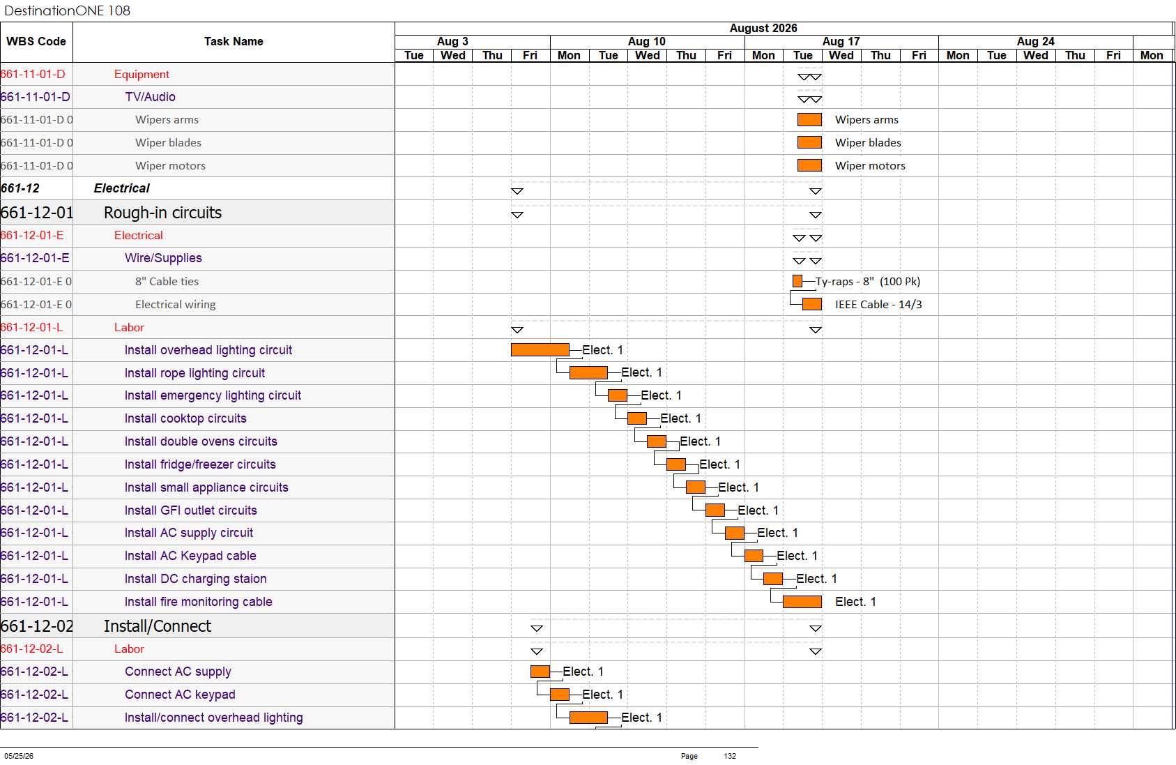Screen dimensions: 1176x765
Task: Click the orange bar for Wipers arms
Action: [809, 120]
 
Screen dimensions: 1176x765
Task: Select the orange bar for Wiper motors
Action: [809, 165]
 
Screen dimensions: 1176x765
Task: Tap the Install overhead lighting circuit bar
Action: [540, 349]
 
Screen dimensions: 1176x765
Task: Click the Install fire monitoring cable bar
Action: [802, 602]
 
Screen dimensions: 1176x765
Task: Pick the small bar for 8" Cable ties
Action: [797, 282]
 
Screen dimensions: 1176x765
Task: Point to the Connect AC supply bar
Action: [540, 672]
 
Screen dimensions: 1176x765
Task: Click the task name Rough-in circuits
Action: [162, 213]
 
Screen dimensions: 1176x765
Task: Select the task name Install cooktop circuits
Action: [185, 418]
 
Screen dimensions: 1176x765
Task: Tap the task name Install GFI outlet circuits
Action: [190, 510]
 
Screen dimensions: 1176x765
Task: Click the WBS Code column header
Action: [36, 41]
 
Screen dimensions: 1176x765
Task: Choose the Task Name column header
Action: [234, 41]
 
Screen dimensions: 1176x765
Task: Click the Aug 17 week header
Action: [841, 41]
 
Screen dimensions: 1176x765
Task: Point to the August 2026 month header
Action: [763, 29]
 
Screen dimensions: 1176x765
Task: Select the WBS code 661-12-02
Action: [37, 626]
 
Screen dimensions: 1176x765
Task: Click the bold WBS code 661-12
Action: [20, 188]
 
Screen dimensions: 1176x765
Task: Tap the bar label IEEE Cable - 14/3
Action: [878, 305]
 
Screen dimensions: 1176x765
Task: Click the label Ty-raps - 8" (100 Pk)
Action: [868, 282]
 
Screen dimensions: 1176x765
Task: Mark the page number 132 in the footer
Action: [730, 756]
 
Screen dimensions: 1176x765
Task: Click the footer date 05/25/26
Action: [19, 756]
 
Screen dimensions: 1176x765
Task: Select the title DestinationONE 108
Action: [67, 10]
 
